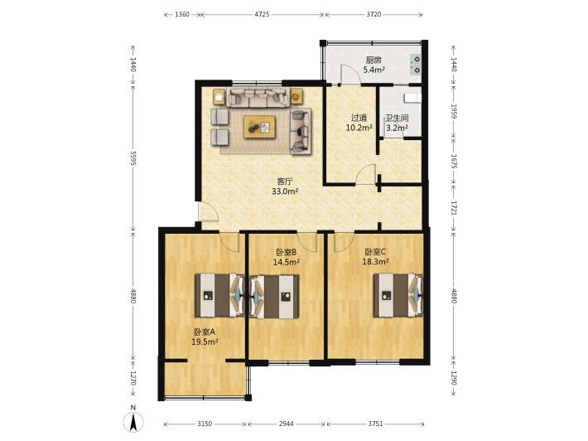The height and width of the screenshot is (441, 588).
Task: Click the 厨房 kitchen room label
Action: click(374, 60)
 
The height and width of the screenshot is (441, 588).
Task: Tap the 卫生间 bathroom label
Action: click(398, 118)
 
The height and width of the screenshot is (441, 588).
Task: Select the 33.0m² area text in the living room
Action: click(285, 191)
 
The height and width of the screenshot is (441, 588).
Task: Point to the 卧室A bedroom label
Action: click(205, 332)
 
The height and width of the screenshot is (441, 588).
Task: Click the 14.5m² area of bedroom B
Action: click(286, 262)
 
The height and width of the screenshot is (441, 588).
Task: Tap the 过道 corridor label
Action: click(359, 118)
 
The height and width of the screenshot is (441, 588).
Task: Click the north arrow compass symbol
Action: click(133, 421)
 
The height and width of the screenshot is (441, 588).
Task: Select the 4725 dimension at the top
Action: click(263, 15)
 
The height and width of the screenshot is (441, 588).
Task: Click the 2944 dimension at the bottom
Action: click(286, 424)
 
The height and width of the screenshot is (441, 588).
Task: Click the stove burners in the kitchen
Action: click(417, 64)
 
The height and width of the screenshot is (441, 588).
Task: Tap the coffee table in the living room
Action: click(259, 127)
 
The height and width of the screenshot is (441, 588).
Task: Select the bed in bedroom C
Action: click(398, 295)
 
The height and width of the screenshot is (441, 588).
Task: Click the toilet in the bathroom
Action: click(412, 99)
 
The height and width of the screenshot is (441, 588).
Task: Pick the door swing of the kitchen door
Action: click(350, 75)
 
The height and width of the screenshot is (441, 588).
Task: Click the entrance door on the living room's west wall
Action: click(208, 211)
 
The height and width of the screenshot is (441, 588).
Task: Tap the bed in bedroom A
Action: click(219, 295)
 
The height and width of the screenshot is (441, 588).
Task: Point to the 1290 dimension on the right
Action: click(453, 379)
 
